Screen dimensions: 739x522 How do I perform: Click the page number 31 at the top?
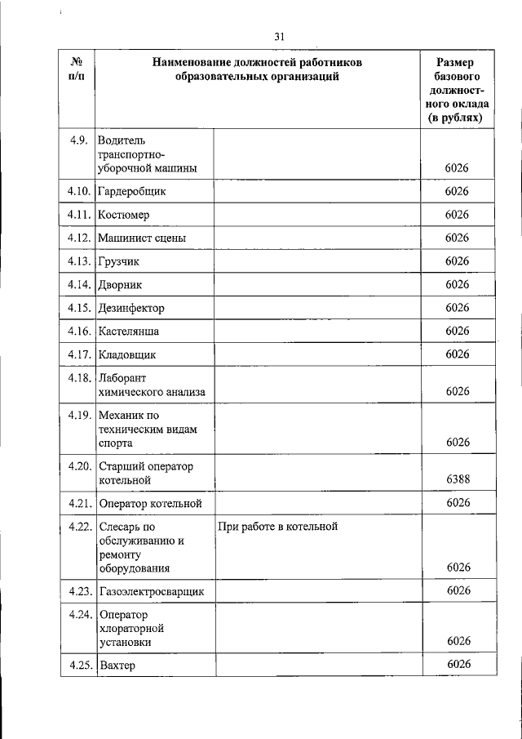(x=280, y=36)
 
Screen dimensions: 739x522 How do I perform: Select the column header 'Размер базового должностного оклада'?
(x=457, y=90)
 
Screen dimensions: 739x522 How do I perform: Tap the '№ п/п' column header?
(x=77, y=69)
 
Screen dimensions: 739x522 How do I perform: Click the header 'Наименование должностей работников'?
(x=256, y=69)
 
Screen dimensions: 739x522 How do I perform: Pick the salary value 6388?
(x=457, y=479)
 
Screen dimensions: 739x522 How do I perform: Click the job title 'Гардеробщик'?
(x=131, y=191)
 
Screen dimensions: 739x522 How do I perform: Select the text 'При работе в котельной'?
(x=277, y=528)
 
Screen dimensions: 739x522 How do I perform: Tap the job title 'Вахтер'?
(x=117, y=666)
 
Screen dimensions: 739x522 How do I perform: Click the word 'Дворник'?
(x=120, y=285)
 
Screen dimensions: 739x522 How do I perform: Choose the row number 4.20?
(x=78, y=465)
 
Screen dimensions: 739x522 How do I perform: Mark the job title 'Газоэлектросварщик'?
(x=151, y=590)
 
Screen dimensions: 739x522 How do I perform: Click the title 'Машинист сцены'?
(x=141, y=238)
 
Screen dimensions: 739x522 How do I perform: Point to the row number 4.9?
(x=80, y=140)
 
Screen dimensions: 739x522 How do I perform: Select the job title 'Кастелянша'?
(x=128, y=332)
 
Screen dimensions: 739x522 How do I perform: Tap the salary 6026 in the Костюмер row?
(x=457, y=215)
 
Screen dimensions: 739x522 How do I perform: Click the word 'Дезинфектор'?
(x=130, y=308)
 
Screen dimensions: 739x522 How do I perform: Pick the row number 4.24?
(x=78, y=613)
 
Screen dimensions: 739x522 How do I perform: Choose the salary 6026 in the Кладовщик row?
(x=457, y=354)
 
